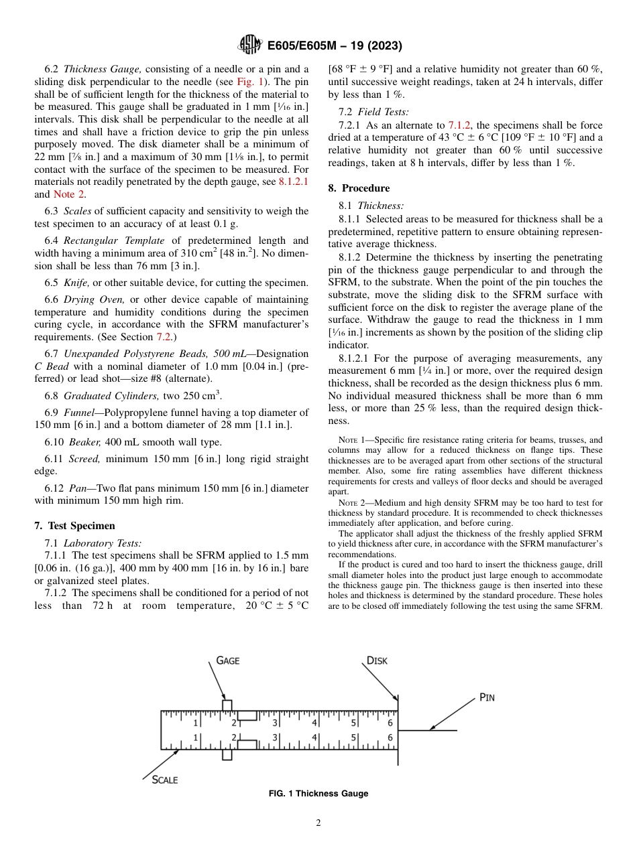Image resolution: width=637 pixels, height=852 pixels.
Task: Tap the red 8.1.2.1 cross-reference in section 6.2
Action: (293, 182)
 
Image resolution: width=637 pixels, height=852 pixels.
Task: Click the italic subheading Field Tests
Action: (383, 112)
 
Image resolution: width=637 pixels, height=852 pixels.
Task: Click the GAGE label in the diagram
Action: (227, 660)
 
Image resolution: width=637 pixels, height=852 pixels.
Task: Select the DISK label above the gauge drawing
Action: (377, 660)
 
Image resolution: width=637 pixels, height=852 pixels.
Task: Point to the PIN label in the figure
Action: (487, 697)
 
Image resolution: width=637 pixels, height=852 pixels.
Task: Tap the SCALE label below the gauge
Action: (164, 780)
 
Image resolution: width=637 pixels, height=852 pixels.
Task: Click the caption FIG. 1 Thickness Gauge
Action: (318, 794)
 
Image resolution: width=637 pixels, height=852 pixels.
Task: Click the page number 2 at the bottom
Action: (318, 823)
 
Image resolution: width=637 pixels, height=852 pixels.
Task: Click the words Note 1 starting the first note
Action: (353, 440)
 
